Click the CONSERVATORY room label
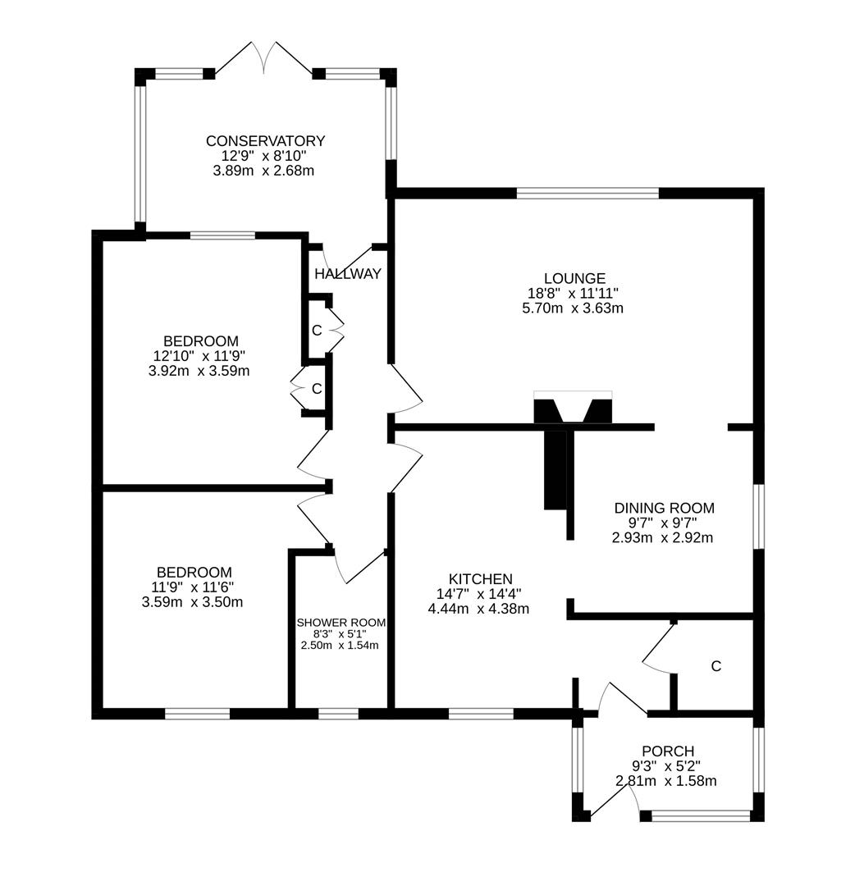265,140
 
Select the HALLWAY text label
348,274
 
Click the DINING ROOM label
665,508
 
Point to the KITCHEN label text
480,578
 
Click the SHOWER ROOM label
341,623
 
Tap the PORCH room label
668,751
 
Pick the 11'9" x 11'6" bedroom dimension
194,587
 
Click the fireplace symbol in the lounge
573,408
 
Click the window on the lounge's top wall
588,194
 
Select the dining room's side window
759,516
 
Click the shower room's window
338,714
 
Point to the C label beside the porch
716,666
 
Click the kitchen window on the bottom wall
481,714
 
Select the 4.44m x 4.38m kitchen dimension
479,609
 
